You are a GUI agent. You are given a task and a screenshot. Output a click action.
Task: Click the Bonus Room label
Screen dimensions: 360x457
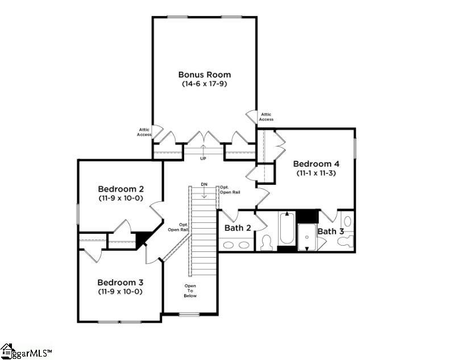[205, 75]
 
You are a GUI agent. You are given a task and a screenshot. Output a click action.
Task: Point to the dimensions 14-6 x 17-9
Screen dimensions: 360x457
[205, 84]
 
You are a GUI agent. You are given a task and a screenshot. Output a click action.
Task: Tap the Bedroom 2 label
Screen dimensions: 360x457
[121, 189]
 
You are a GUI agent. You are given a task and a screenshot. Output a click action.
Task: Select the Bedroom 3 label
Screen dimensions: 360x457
[120, 282]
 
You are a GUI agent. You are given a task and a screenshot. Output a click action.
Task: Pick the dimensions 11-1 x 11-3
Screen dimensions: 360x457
[315, 173]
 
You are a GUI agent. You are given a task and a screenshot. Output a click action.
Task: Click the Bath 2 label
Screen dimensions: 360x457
[238, 228]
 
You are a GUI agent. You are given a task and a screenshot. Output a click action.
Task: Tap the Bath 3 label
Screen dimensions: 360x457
[330, 231]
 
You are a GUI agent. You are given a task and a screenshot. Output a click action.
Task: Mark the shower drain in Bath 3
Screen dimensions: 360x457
[307, 248]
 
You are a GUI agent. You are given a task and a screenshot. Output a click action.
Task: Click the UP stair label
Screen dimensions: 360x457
[203, 158]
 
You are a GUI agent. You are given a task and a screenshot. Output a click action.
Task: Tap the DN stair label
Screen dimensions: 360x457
[203, 184]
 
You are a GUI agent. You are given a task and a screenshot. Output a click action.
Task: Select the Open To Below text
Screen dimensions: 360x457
[190, 291]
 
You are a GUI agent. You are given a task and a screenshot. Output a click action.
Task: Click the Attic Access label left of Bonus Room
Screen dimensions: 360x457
[144, 133]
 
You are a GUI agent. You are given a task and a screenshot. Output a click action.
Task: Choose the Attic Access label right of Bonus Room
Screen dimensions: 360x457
[266, 117]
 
